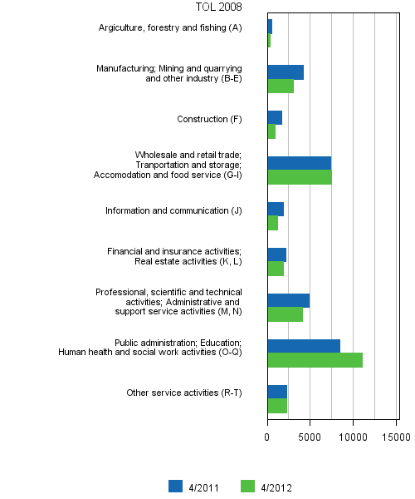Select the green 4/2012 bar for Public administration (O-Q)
tap(315, 360)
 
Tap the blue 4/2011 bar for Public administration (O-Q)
tap(304, 346)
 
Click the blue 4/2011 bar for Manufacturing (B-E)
tap(286, 72)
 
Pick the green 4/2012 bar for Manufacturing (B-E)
tap(281, 86)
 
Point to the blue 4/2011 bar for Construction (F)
tap(275, 118)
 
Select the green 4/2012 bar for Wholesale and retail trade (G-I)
tap(300, 177)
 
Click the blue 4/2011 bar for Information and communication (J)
tap(276, 210)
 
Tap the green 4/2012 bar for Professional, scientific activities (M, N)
tap(285, 314)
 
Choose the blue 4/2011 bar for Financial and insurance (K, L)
tap(276, 254)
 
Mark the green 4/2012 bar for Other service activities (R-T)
tap(277, 406)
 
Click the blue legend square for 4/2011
tap(175, 487)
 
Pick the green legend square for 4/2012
tap(247, 487)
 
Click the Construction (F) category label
tap(209, 119)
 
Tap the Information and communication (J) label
tap(173, 210)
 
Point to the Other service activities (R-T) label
tap(183, 393)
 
